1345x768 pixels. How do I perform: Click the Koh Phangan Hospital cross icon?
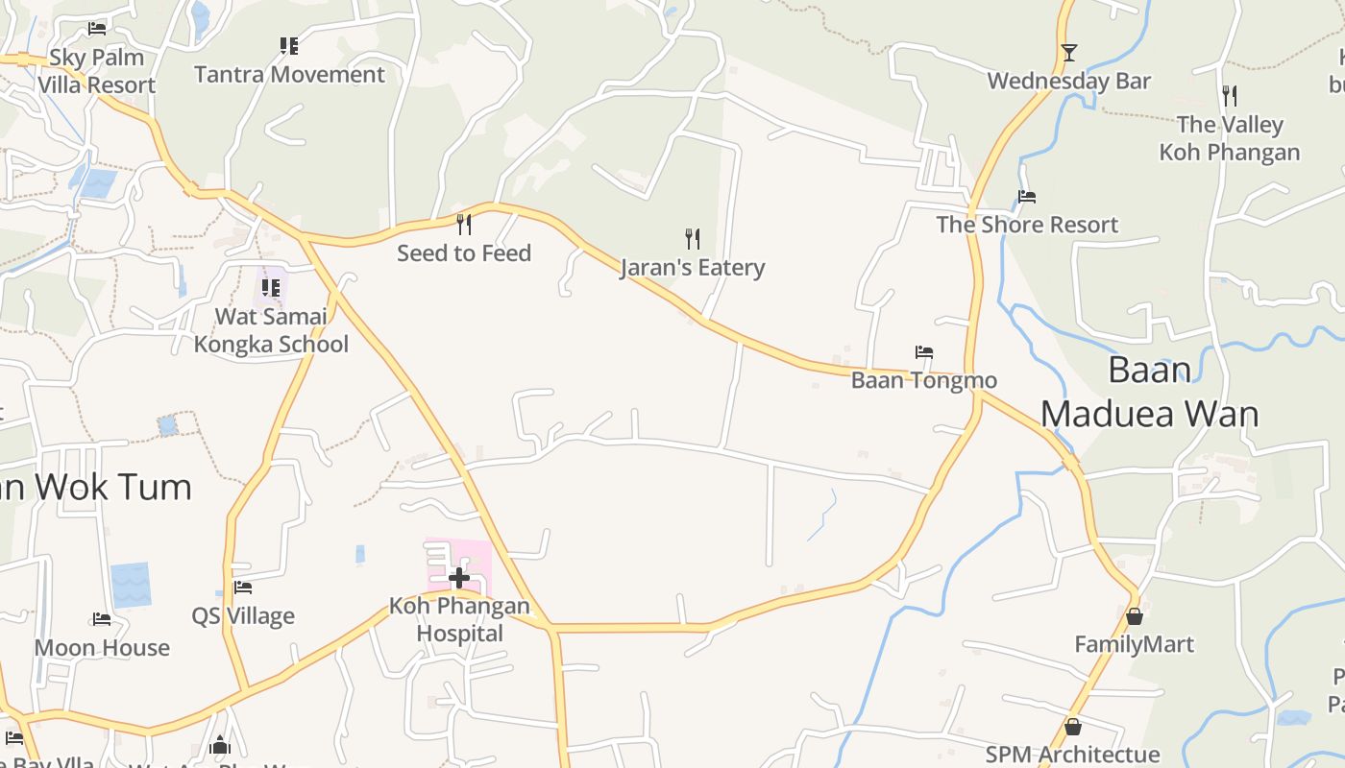pos(459,578)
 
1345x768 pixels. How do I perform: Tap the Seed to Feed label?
pos(464,253)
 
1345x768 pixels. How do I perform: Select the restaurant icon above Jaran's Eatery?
pos(692,238)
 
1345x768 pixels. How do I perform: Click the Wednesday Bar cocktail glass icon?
pos(1068,53)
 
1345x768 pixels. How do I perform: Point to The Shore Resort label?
pos(1027,225)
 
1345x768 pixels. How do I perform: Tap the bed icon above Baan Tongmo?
pos(924,352)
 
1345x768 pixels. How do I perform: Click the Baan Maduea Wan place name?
pos(1150,392)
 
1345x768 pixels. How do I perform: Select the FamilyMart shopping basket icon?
pos(1135,615)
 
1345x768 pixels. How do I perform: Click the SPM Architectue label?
pos(1072,756)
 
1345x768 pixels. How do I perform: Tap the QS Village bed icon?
pos(243,588)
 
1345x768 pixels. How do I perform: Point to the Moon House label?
pos(102,648)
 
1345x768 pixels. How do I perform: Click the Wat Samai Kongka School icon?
pos(271,287)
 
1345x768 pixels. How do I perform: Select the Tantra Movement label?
pos(289,75)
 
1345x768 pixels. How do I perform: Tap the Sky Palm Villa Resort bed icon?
pos(96,29)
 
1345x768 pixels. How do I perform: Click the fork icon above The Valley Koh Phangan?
pos(1229,96)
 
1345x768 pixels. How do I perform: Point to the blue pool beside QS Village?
pos(131,585)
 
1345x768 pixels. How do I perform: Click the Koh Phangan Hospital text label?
pos(459,619)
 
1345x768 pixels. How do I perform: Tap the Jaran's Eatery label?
pos(692,268)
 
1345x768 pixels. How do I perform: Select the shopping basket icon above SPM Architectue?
pos(1072,727)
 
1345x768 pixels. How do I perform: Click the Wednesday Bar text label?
pos(1068,82)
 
